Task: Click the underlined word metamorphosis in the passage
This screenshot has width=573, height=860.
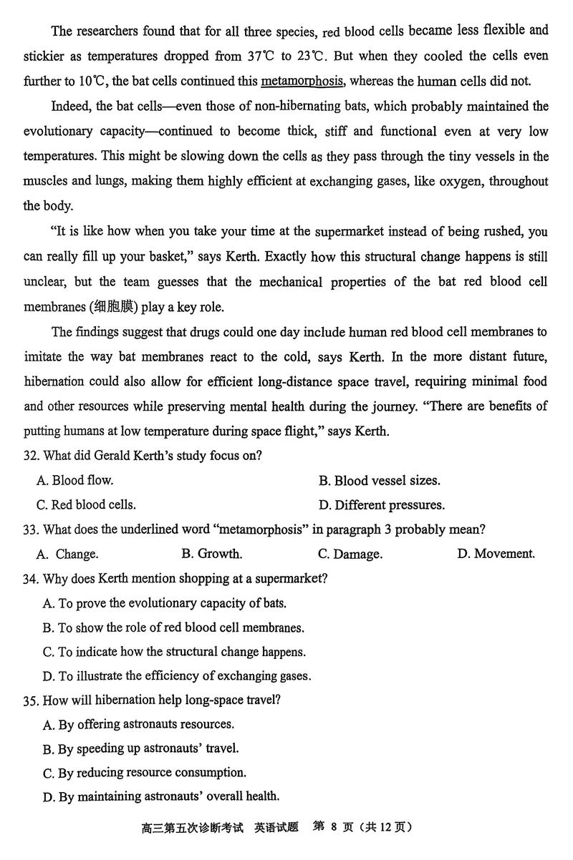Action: (304, 82)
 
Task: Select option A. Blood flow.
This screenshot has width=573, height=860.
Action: (74, 481)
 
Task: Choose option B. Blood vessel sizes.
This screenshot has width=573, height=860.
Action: (379, 481)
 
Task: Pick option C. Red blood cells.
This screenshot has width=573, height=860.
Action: (86, 505)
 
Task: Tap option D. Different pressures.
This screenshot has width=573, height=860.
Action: (381, 505)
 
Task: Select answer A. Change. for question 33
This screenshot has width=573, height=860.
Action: (67, 554)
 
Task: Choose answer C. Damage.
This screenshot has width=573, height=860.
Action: (350, 554)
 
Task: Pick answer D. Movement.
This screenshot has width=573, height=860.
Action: (496, 554)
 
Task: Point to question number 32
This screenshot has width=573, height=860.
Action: (32, 456)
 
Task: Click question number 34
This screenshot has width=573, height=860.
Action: (32, 578)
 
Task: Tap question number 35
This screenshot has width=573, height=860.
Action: (32, 700)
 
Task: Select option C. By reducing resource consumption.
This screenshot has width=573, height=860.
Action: (145, 773)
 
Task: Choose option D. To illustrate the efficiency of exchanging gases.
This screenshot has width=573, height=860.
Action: (177, 675)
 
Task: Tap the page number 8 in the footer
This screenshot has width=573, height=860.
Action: (334, 827)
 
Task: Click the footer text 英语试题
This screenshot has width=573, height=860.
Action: (277, 828)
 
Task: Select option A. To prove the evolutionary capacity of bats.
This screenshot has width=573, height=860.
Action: (164, 603)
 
